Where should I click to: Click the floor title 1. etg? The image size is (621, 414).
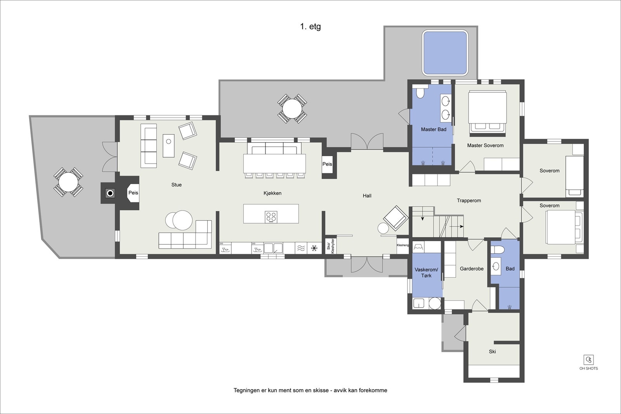click(310, 27)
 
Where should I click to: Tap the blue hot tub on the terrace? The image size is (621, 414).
click(444, 53)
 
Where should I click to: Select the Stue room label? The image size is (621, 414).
click(176, 185)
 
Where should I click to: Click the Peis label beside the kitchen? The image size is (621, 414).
click(327, 164)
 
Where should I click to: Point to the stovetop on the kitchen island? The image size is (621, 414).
click(271, 217)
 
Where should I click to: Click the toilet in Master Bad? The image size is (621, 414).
click(420, 93)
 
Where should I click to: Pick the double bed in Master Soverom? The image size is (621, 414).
click(487, 112)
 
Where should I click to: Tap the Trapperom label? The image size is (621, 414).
click(468, 201)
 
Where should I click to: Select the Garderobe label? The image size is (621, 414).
click(472, 269)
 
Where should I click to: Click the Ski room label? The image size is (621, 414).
click(492, 351)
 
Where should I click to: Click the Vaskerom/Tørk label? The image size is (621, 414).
click(426, 273)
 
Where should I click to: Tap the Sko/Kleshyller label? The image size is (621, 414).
click(330, 246)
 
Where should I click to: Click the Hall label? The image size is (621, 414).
click(367, 196)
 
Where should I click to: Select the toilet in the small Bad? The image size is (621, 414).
click(498, 250)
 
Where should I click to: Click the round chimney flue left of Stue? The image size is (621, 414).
click(111, 193)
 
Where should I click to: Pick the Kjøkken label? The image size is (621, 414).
click(272, 193)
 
